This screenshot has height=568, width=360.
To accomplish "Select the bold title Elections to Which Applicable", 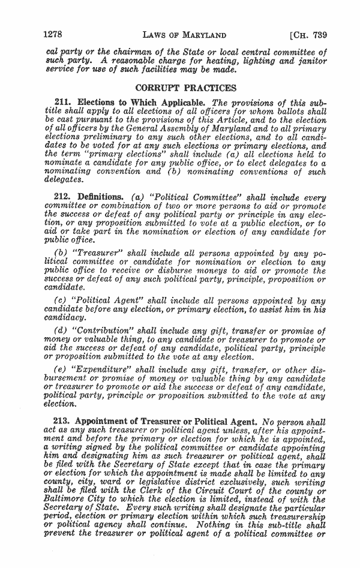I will pos(142,102).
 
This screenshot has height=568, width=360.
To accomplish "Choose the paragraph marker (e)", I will pos(61,370).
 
